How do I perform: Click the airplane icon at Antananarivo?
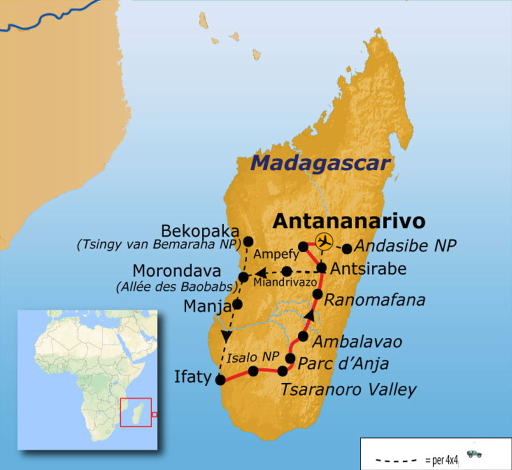pos(324,241)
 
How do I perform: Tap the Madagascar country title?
pos(320,163)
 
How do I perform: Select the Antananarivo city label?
pos(349,221)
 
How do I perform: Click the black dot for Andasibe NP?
pos(346,248)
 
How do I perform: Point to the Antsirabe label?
pos(368,268)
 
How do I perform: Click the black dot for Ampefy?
pos(303,246)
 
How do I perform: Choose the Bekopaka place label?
pos(200,231)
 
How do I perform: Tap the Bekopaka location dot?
pos(247,240)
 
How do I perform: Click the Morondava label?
pos(176,271)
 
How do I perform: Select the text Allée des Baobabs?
pos(176,287)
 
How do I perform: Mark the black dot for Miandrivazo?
pos(286,271)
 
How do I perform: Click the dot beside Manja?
pos(237,304)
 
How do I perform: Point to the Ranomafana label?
pos(374,300)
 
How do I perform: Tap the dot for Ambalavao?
pos(303,336)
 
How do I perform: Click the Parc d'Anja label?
pos(343,363)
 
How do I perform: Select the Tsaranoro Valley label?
pos(348,389)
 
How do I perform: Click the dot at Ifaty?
pos(220,380)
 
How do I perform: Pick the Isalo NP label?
pos(245,358)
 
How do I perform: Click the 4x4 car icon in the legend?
pos(474,454)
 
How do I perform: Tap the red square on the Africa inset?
pos(135,412)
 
